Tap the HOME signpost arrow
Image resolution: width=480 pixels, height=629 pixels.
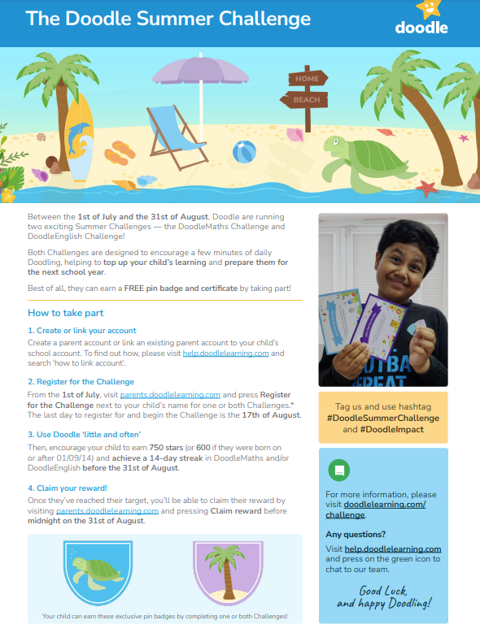306,79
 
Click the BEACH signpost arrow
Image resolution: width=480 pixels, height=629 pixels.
306,100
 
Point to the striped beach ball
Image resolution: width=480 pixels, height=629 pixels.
244,152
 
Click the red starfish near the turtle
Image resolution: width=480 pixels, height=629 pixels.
426,189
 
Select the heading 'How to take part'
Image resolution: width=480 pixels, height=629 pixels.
66,313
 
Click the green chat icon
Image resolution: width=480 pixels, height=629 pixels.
338,471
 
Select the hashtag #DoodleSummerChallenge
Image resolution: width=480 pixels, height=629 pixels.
383,418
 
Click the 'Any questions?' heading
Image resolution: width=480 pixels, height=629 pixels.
356,534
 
